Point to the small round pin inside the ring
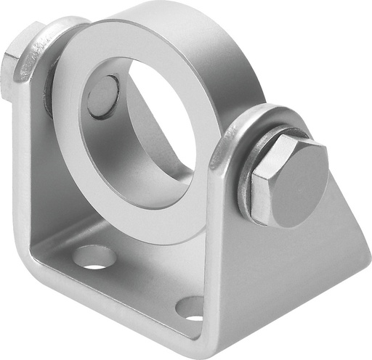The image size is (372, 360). [x=103, y=97]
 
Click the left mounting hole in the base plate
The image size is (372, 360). [x=94, y=256]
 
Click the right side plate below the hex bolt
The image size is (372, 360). [x=291, y=269]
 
